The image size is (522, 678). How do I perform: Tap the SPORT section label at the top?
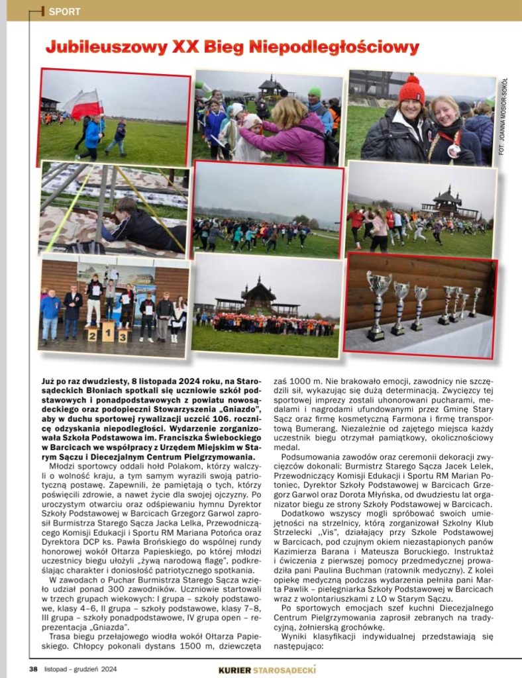[x=64, y=11]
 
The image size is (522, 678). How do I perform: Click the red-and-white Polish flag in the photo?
[x=83, y=104]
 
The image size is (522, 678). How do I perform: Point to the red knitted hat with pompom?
[x=411, y=91]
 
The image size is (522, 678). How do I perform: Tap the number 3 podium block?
[x=123, y=334]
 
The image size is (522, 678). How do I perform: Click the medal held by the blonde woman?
[x=452, y=150]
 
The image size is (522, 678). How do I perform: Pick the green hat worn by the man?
[x=314, y=93]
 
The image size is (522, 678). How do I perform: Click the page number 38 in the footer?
[x=33, y=669]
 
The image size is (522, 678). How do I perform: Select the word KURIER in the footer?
[x=235, y=669]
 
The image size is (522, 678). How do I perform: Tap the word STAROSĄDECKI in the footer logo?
[x=285, y=669]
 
